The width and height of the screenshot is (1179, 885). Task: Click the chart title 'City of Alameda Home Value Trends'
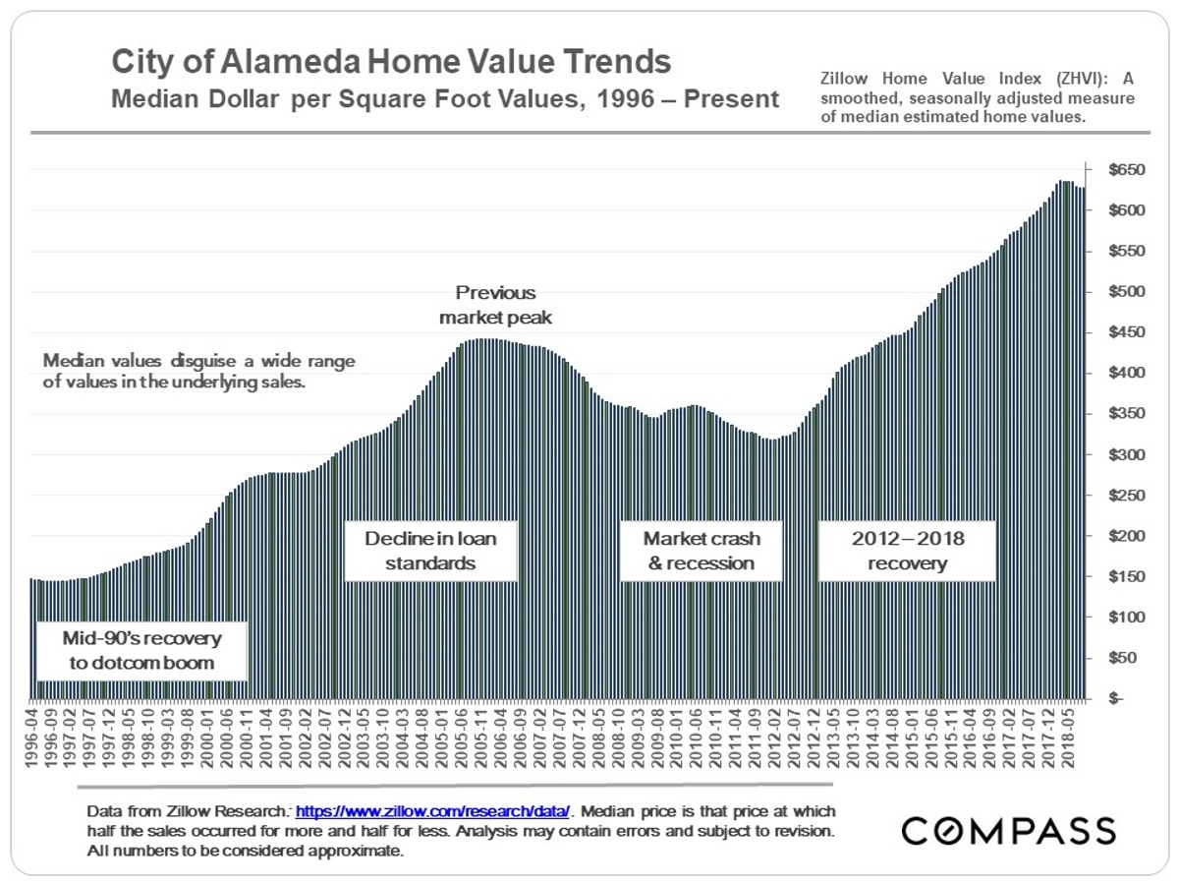pyautogui.click(x=391, y=62)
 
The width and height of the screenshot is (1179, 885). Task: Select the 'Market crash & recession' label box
pyautogui.click(x=701, y=551)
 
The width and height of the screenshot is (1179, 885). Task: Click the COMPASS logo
pyautogui.click(x=1009, y=830)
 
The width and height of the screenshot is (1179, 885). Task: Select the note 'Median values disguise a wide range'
pyautogui.click(x=198, y=362)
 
